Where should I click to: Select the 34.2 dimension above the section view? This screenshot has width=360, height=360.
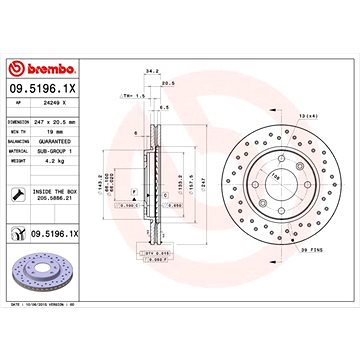[151, 70]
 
